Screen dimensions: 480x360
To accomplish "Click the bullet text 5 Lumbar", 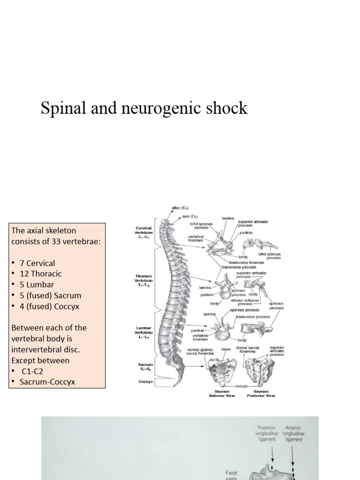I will pyautogui.click(x=37, y=285).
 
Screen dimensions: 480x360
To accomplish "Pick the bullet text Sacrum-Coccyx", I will pyautogui.click(x=47, y=382).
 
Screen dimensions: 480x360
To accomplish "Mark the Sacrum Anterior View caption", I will pyautogui.click(x=221, y=393).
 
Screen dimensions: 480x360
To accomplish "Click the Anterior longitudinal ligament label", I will pyautogui.click(x=293, y=434).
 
